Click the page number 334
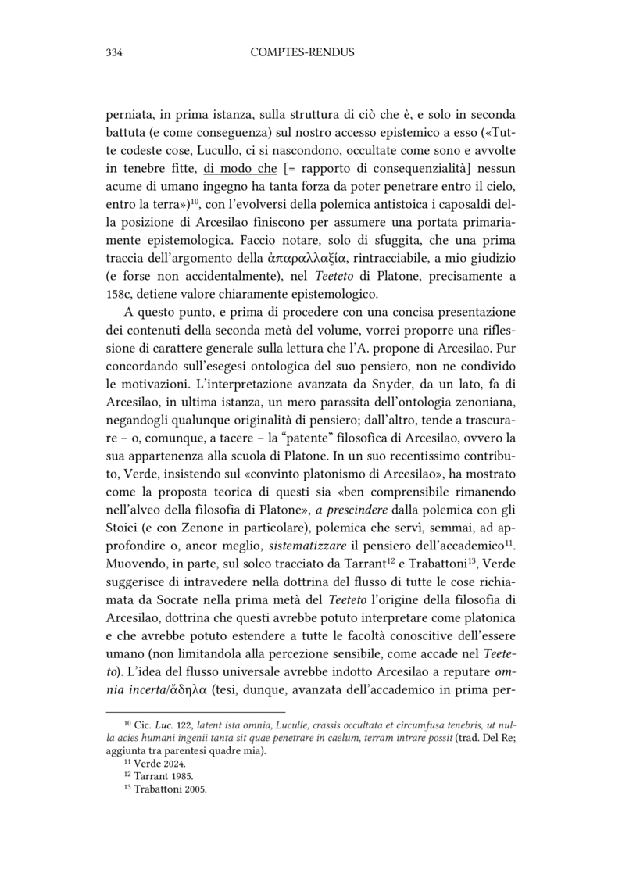click(116, 53)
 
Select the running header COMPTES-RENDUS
click(302, 53)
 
